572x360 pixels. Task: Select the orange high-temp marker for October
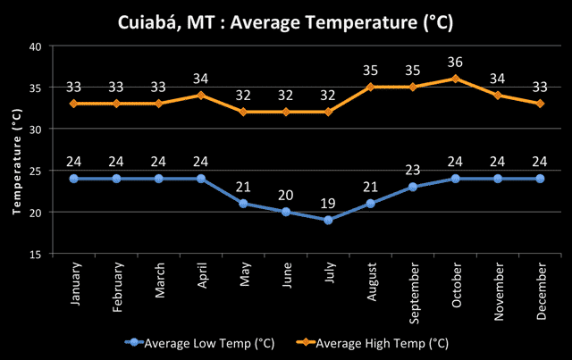click(456, 79)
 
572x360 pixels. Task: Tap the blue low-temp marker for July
click(328, 220)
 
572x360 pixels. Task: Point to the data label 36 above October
click(456, 62)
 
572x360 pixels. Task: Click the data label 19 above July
click(328, 203)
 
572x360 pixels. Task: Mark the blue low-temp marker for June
click(286, 212)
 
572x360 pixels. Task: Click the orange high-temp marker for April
click(201, 95)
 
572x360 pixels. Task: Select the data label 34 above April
click(201, 79)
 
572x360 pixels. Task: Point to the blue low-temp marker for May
click(243, 204)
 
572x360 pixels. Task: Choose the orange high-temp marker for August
click(371, 87)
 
